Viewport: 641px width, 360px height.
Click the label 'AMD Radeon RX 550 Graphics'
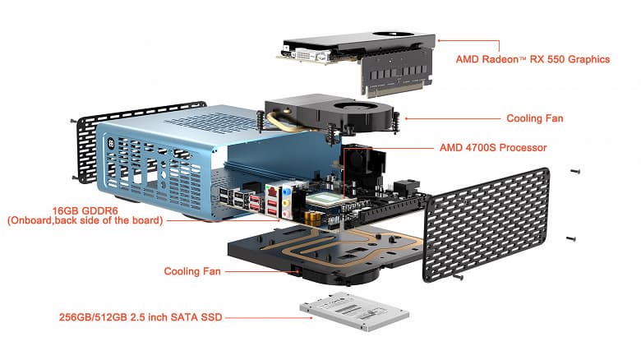[x=533, y=59]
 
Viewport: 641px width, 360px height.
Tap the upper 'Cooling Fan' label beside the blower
[x=534, y=118]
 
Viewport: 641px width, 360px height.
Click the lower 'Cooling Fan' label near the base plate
[x=192, y=270]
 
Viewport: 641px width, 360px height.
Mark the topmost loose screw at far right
[x=574, y=171]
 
